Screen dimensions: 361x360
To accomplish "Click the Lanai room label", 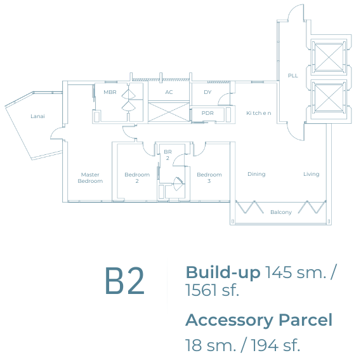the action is [x=38, y=116].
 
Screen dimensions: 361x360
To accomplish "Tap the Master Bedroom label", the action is [x=90, y=178].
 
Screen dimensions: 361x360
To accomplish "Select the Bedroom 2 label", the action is [x=137, y=178].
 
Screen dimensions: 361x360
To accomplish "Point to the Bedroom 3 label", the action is [x=209, y=178].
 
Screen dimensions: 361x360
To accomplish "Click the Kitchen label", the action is [x=259, y=113].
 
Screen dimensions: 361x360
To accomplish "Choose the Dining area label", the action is [x=256, y=174].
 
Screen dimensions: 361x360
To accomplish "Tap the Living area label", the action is [x=312, y=174].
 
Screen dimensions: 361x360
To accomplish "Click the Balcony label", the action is [x=281, y=212].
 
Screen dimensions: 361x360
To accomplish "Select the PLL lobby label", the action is [x=293, y=76].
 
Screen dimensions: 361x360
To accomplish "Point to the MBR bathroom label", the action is [x=110, y=92].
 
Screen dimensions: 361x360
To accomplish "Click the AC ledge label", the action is [x=169, y=92].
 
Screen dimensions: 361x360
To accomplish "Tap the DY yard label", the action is [x=207, y=92].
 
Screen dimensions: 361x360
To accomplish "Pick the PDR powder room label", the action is [x=207, y=113].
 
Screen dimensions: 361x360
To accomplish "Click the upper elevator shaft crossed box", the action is [x=329, y=57].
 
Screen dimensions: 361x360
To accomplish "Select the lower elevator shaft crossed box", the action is [x=329, y=98].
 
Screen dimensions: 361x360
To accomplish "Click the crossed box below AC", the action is [x=169, y=112].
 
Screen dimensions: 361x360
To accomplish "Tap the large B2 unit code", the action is [x=124, y=281].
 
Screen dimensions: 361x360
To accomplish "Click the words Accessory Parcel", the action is [x=259, y=320].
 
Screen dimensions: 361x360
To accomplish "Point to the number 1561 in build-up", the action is [x=200, y=290].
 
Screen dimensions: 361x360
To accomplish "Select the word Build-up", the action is [x=223, y=272].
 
